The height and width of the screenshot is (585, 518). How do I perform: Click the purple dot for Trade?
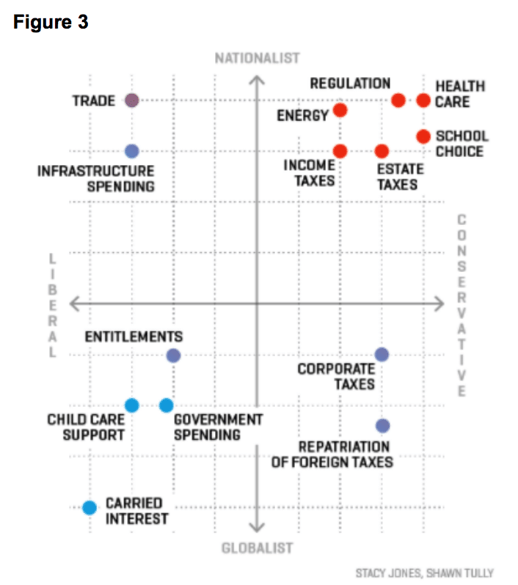click(132, 100)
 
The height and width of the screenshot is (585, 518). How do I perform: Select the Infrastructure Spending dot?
click(132, 151)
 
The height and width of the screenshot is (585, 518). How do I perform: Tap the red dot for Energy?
click(340, 110)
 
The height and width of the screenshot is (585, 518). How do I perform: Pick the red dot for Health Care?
click(423, 100)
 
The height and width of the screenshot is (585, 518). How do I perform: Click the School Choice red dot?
click(423, 136)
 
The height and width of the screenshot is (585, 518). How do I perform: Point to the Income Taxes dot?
click(340, 151)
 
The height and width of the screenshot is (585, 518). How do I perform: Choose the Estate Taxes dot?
click(382, 151)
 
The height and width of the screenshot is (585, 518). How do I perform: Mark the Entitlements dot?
click(173, 356)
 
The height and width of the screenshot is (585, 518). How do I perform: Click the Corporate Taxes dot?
click(382, 354)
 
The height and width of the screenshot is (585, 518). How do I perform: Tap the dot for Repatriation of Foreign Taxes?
click(382, 425)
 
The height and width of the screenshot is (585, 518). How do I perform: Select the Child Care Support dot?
click(132, 405)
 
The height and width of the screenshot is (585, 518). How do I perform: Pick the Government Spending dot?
click(167, 405)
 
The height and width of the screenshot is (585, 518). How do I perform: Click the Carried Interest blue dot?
click(90, 507)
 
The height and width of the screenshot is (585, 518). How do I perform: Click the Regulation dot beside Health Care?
click(398, 100)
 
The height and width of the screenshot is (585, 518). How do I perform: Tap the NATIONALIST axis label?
click(257, 58)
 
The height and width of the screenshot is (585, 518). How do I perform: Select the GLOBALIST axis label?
click(257, 548)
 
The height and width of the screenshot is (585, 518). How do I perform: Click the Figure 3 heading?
click(51, 23)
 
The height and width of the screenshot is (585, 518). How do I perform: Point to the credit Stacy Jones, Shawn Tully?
click(424, 573)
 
